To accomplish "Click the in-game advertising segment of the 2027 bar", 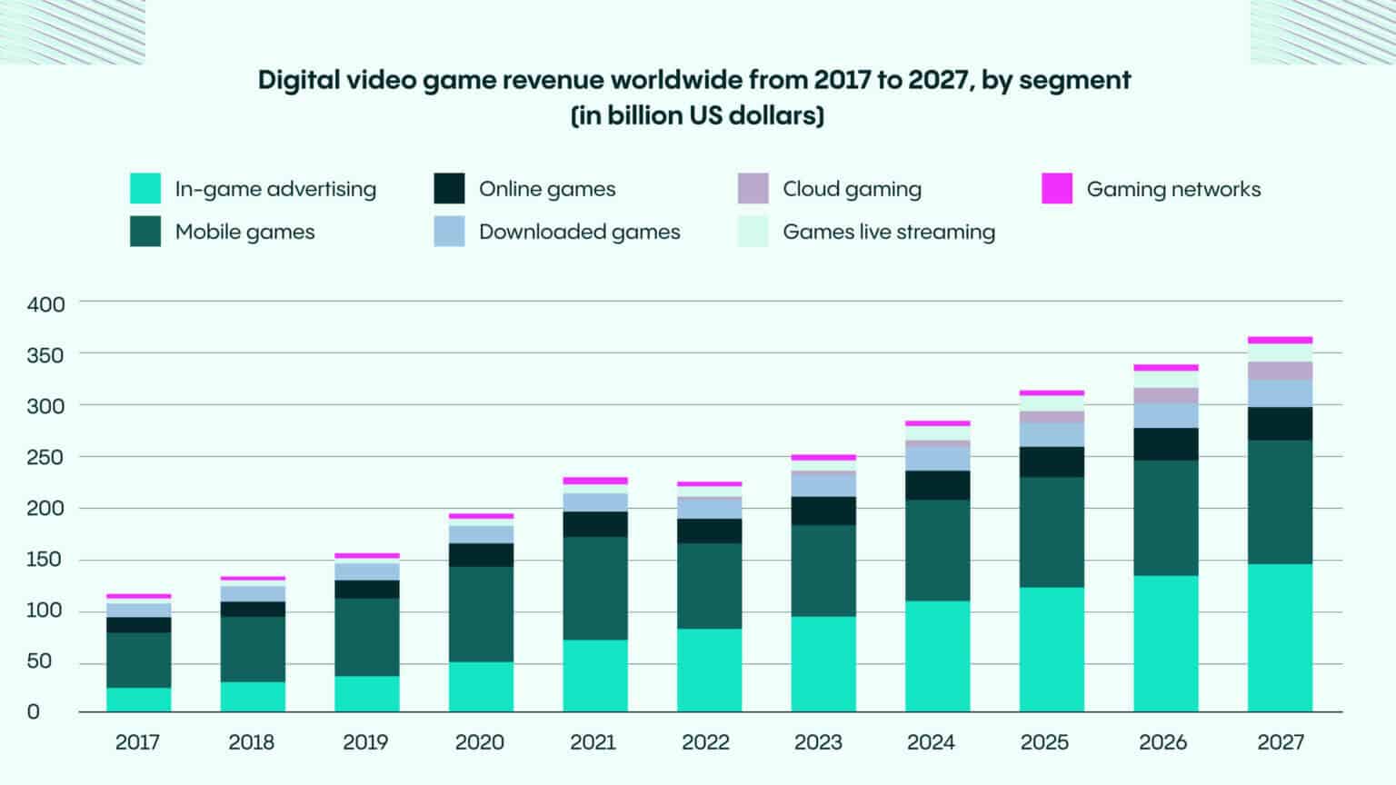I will coord(1280,637).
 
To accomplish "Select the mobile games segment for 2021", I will coord(594,588).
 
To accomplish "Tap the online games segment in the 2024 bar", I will coord(937,485).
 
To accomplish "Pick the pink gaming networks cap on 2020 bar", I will coord(481,516).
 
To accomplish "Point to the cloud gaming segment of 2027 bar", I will coord(1280,371).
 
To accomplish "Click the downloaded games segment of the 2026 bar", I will coord(1165,415).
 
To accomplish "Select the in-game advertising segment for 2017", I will coord(138,699).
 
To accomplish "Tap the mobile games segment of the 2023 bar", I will coord(823,571).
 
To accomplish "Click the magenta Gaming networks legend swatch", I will coord(1056,188).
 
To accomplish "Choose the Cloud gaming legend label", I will coord(852,189).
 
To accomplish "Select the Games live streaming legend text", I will coord(888,232).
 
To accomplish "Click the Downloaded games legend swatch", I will coord(449,232).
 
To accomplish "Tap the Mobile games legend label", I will coord(244,232).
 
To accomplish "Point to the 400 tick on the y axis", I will coord(45,304).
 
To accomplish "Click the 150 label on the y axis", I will coord(45,559).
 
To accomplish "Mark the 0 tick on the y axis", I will coord(34,711).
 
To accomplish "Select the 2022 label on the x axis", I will coord(705,742).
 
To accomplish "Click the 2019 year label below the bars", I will coord(365,742).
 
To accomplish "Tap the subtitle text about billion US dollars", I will coord(697,116).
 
